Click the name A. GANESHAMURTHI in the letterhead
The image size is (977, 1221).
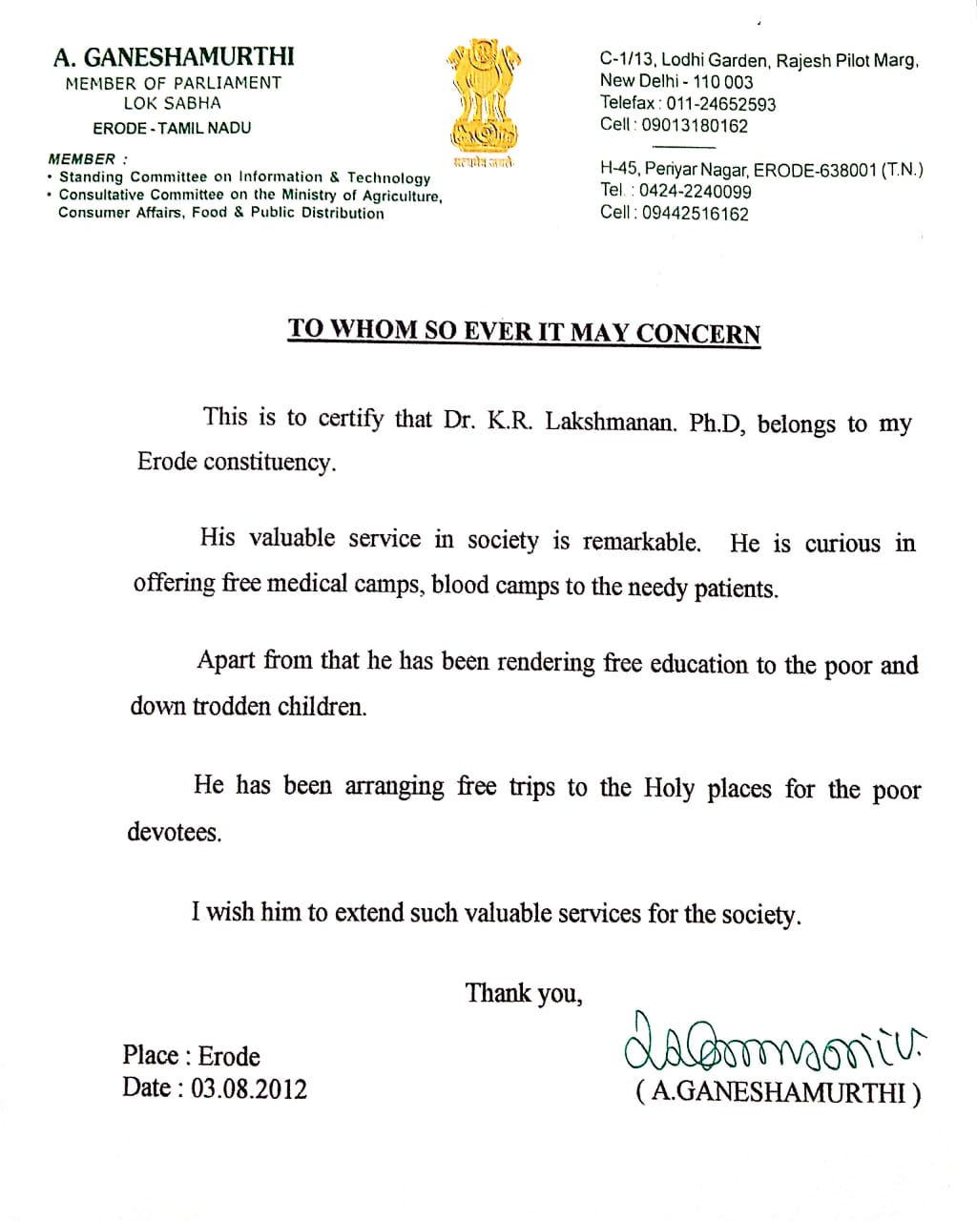174,57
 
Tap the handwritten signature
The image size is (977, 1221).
774,1041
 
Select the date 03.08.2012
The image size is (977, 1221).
249,1088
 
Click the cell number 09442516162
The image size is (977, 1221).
695,214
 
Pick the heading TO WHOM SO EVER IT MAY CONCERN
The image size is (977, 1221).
524,331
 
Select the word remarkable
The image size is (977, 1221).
641,542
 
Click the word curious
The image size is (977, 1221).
842,544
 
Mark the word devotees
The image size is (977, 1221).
175,832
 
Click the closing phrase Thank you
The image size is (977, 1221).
523,994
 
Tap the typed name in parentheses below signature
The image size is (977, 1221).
779,1092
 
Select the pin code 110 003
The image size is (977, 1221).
723,82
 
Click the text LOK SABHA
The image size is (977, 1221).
172,103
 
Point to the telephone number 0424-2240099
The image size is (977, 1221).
695,191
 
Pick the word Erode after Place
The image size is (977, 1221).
229,1056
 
